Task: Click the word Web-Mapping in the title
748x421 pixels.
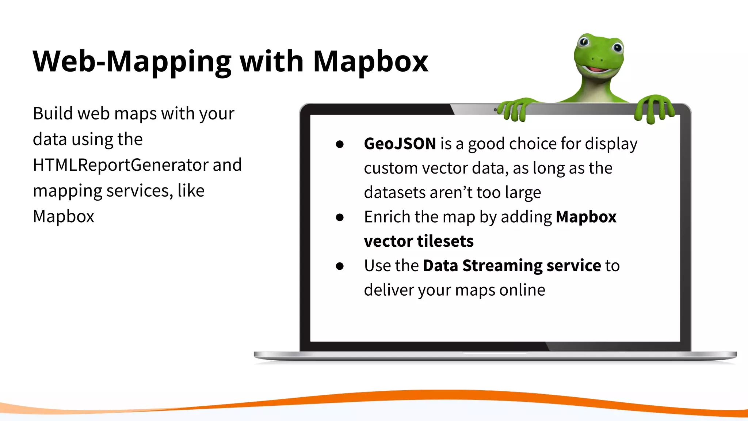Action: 131,61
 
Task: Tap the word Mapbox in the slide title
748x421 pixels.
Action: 370,61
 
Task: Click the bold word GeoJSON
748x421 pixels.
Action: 400,144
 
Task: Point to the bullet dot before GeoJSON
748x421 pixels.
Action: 340,144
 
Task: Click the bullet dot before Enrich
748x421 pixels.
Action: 340,217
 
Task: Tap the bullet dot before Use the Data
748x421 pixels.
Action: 340,266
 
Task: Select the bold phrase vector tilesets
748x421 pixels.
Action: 419,241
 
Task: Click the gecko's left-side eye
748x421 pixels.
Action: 584,41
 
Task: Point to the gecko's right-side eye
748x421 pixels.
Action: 617,47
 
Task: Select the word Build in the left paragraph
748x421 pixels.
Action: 53,113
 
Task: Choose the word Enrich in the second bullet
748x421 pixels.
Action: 387,217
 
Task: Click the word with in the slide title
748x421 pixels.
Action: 272,61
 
